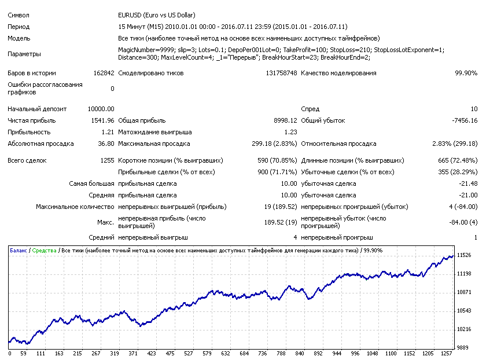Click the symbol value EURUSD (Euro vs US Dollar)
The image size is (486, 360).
pos(157,15)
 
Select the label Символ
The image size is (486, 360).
pos(19,15)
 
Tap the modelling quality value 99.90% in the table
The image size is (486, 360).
pos(466,73)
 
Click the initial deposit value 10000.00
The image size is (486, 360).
pos(101,109)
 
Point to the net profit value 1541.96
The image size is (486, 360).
pos(102,120)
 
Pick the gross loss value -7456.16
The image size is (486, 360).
pos(465,120)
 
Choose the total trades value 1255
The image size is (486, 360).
pos(107,161)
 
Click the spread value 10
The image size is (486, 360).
pos(474,109)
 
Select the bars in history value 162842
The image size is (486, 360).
pos(104,73)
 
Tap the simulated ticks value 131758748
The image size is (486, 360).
pos(281,73)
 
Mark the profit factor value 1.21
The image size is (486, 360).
pos(108,132)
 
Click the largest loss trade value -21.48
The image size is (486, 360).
pos(468,183)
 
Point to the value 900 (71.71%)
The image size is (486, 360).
pos(277,172)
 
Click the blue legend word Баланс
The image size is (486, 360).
pos(19,251)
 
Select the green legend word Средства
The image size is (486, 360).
pos(45,251)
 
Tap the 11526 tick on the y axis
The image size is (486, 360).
pos(464,255)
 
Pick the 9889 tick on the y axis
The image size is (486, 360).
pos(463,348)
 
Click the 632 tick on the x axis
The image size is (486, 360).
pos(225,354)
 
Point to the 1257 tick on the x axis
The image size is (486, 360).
pos(446,354)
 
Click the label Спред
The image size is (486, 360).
pos(310,109)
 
